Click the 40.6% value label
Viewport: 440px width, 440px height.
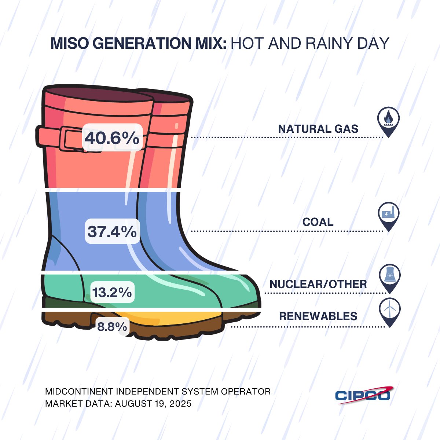pos(112,138)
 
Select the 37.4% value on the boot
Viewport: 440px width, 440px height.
pos(112,231)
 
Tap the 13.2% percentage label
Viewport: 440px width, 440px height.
pos(112,292)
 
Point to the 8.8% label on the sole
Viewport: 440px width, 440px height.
pos(112,326)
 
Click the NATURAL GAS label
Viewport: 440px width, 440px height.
pos(318,129)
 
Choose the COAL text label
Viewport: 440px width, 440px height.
pos(318,222)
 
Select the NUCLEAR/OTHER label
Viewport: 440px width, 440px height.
pos(318,284)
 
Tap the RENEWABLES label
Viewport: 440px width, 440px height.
pos(318,316)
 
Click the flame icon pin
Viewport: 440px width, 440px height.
pos(388,120)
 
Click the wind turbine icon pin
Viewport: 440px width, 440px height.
pos(389,310)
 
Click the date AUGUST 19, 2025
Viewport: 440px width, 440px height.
pos(153,404)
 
